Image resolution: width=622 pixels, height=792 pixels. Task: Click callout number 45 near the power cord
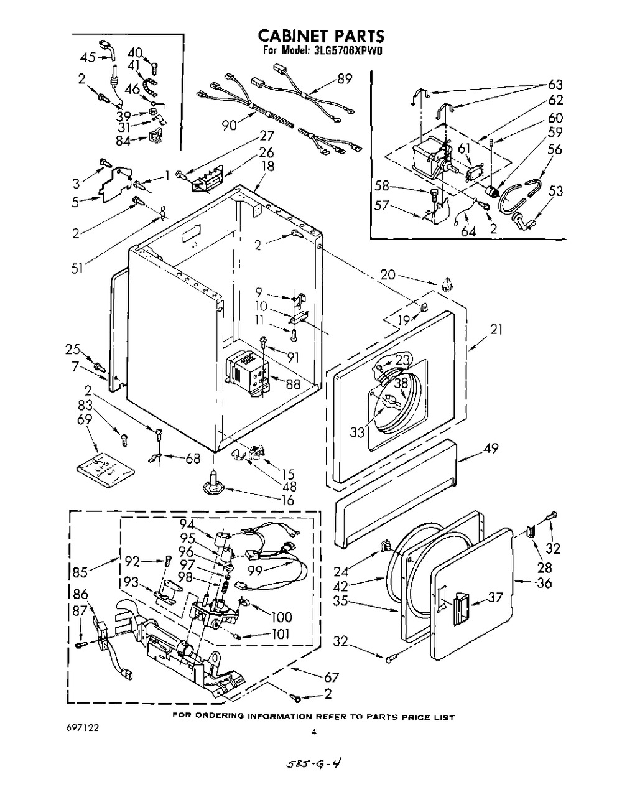[x=88, y=57]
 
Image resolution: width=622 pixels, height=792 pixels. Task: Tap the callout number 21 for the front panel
[x=496, y=330]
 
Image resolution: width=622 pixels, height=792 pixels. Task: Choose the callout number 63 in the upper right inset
[x=555, y=85]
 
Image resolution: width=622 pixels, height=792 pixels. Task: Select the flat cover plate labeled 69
[x=106, y=469]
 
